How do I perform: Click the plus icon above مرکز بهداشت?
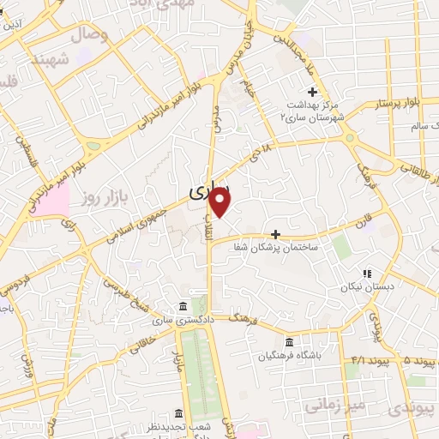[313, 92]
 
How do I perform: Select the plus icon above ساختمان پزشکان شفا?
[275, 233]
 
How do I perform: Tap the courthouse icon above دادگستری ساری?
[182, 307]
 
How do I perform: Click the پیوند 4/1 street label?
[358, 358]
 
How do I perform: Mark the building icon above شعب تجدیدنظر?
[178, 412]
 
